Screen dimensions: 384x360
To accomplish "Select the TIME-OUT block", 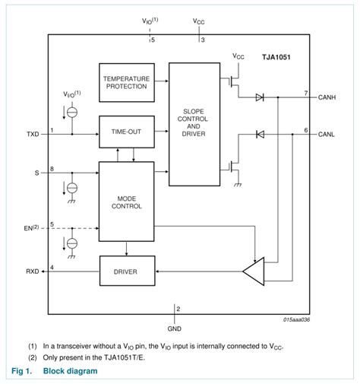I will [x=126, y=132].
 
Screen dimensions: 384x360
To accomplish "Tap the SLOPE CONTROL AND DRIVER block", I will [x=194, y=124].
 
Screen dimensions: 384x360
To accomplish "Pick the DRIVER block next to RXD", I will [x=126, y=270].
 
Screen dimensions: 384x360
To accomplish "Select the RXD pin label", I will [x=33, y=270].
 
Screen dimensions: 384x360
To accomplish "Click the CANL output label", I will [x=327, y=135].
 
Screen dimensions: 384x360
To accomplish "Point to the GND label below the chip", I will [x=175, y=329].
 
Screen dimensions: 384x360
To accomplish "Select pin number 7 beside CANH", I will [x=305, y=92].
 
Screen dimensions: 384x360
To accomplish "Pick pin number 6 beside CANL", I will [x=305, y=130].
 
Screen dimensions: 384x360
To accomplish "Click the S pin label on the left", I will [x=36, y=173].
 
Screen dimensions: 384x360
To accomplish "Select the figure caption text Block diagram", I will [x=70, y=371].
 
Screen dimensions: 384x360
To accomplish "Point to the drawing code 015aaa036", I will [x=298, y=320].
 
